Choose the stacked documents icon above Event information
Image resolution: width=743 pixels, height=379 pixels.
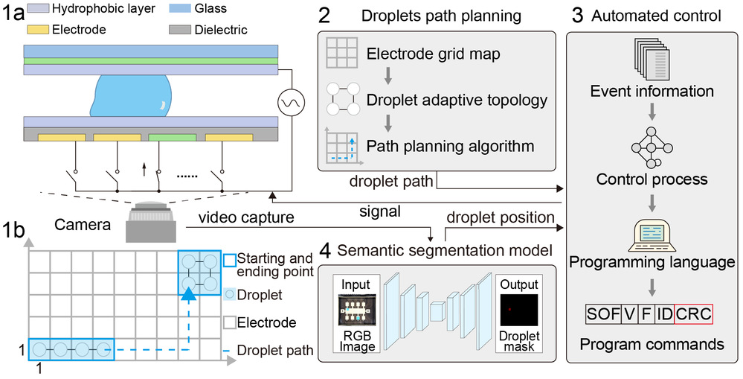651,60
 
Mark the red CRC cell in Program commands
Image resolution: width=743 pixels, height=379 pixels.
692,313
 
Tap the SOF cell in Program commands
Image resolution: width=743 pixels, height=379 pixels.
600,313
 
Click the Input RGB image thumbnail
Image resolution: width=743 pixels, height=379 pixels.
356,311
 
